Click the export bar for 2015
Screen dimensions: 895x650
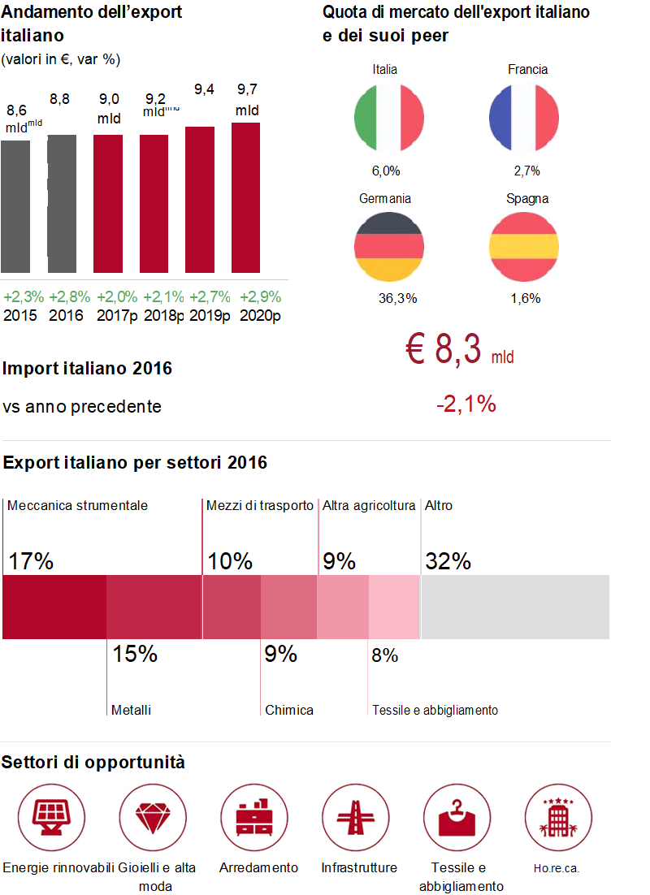(15, 206)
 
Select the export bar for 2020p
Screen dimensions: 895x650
(245, 197)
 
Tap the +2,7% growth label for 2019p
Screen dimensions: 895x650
(210, 297)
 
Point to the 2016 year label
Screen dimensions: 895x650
(66, 315)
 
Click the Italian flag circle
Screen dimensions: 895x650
(389, 117)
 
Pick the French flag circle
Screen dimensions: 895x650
(524, 117)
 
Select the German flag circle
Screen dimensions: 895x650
(389, 246)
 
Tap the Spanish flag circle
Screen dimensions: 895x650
(524, 246)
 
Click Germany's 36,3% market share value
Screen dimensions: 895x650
(397, 299)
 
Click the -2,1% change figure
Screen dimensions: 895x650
(466, 404)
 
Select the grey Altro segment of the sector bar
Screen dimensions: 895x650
(515, 607)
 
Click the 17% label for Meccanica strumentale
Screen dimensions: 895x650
(31, 561)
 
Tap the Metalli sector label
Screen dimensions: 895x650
(131, 710)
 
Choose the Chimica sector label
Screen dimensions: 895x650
(288, 710)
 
